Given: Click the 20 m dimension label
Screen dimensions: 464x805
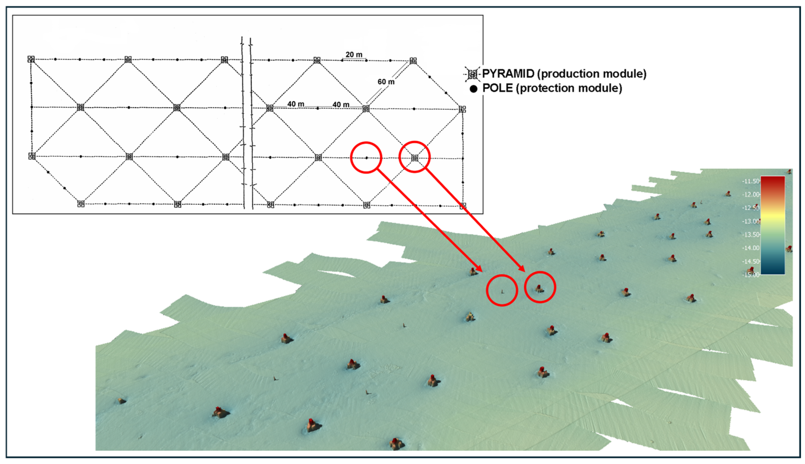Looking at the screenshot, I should click(354, 55).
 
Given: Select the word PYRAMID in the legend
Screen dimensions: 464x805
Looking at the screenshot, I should click(508, 74).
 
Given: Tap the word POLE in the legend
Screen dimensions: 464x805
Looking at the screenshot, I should click(497, 88).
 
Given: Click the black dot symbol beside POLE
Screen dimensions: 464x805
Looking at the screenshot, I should click(473, 89).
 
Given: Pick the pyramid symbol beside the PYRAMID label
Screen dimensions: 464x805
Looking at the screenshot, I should click(472, 74).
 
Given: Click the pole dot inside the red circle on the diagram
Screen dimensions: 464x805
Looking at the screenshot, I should click(366, 158).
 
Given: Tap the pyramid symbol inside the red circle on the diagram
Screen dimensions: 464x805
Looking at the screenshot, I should click(415, 157).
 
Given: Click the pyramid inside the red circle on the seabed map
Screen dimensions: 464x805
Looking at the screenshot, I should click(539, 289).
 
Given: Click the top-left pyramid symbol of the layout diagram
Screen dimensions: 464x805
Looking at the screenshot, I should click(31, 59).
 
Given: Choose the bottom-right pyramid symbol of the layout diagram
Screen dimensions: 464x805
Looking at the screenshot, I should click(463, 206).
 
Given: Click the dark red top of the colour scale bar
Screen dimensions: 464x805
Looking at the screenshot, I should click(773, 180).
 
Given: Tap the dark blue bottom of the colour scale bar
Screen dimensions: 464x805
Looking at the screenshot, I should click(773, 271).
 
